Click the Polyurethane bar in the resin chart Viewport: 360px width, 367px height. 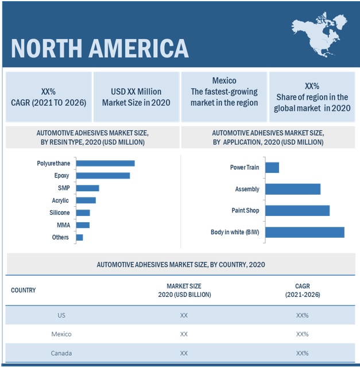pos(105,163)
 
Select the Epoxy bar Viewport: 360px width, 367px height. pos(103,176)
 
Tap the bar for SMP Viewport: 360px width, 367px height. pos(87,188)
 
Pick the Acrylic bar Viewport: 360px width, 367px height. pos(86,200)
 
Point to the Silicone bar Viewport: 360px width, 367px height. pos(83,213)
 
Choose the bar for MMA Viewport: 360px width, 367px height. pos(83,225)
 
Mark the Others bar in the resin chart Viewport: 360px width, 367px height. pos(79,237)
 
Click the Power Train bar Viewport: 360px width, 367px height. pos(272,168)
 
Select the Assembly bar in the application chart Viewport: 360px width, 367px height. pos(293,189)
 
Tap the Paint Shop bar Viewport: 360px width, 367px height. pos(297,211)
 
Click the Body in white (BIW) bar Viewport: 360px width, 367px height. pos(305,232)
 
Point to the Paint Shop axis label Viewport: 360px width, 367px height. pos(245,211)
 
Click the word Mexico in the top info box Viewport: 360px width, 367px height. pos(223,81)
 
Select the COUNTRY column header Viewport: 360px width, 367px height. pos(24,290)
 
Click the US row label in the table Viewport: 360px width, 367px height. pos(61,315)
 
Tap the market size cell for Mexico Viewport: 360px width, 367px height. pos(184,334)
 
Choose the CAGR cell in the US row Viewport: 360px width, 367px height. pos(302,315)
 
